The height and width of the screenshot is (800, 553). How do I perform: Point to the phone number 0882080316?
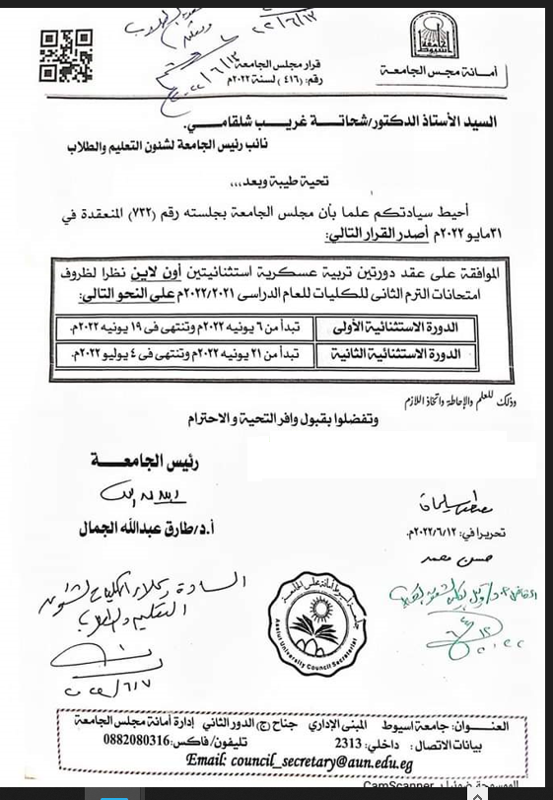(x=143, y=743)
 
